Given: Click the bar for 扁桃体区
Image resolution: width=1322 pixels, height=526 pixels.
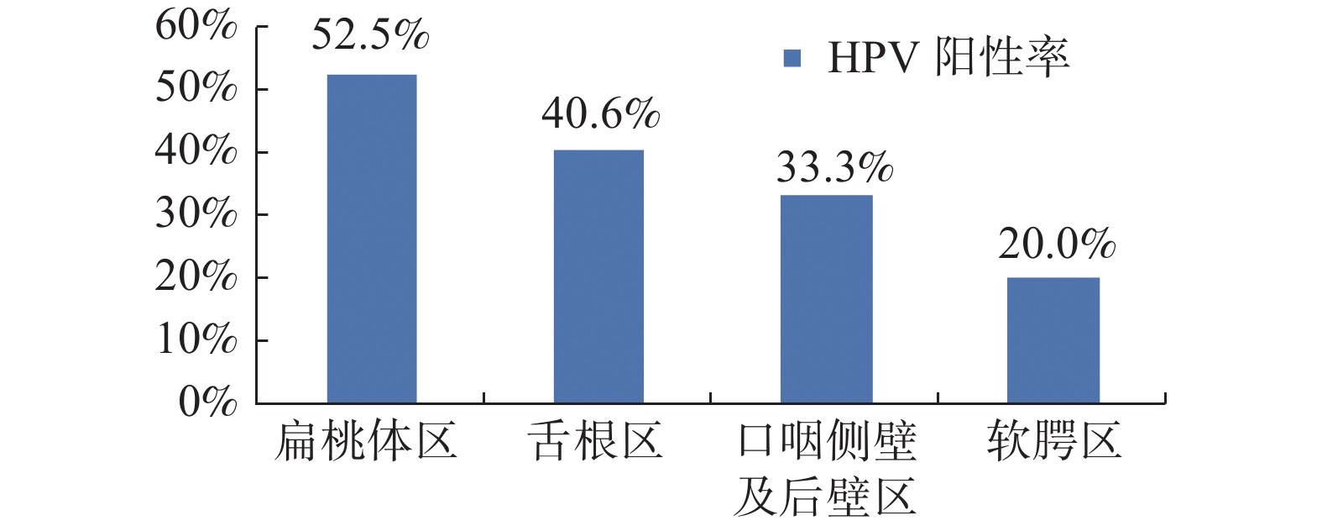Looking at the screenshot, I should [371, 239].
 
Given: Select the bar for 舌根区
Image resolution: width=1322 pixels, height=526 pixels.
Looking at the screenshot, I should [598, 276].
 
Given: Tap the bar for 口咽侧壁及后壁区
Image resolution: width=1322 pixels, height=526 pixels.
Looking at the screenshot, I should [826, 299].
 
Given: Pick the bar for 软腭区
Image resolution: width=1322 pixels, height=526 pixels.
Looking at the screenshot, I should [1053, 340].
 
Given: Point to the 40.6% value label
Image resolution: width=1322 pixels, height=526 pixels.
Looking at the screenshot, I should [600, 114].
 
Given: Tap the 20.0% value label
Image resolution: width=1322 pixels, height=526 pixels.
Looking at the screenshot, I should [1057, 245].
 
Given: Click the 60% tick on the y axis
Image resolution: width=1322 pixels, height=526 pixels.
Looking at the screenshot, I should [196, 27].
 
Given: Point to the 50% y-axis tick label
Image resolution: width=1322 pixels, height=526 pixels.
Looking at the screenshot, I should [196, 89].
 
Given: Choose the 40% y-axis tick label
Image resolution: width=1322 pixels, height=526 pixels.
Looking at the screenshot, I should [196, 152].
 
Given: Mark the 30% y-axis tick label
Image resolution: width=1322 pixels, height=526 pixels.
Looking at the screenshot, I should [196, 215].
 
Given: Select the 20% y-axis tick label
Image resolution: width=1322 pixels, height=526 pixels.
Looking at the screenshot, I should [196, 277].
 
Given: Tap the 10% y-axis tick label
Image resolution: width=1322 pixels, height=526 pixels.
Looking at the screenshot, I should [196, 340].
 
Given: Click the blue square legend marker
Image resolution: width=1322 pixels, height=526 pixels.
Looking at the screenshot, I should [792, 58].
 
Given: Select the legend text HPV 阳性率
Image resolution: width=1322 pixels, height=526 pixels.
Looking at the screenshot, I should [948, 58].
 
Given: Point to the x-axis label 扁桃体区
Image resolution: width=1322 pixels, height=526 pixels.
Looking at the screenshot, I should [365, 442].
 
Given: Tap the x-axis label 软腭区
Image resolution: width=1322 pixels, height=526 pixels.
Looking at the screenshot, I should [1054, 442].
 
